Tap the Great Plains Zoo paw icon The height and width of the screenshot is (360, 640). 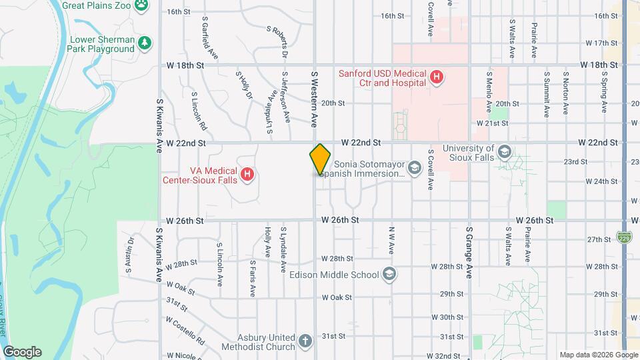point(141,5)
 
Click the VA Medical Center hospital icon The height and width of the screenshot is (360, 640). point(247,175)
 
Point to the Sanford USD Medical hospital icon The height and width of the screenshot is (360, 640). point(436,78)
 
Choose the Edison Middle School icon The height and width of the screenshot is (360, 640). point(389,274)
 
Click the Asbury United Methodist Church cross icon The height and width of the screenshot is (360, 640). point(305,342)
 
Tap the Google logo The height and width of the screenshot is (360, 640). point(22,351)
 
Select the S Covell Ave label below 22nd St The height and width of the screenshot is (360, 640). point(431,170)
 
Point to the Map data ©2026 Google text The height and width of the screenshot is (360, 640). point(598,355)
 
